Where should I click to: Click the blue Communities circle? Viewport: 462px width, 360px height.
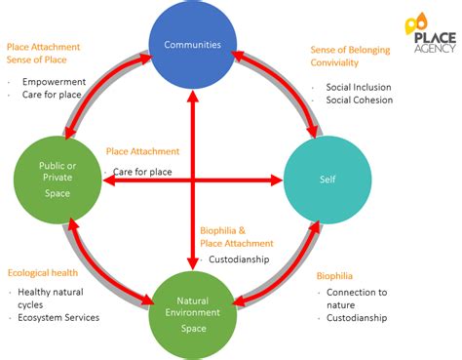191,44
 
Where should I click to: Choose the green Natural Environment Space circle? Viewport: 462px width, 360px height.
191,314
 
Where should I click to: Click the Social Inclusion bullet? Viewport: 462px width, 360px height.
358,87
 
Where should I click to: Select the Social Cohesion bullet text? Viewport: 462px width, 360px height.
360,100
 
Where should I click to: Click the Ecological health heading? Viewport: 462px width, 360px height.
42,273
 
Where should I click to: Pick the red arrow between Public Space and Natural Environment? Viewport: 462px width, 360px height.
97,269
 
